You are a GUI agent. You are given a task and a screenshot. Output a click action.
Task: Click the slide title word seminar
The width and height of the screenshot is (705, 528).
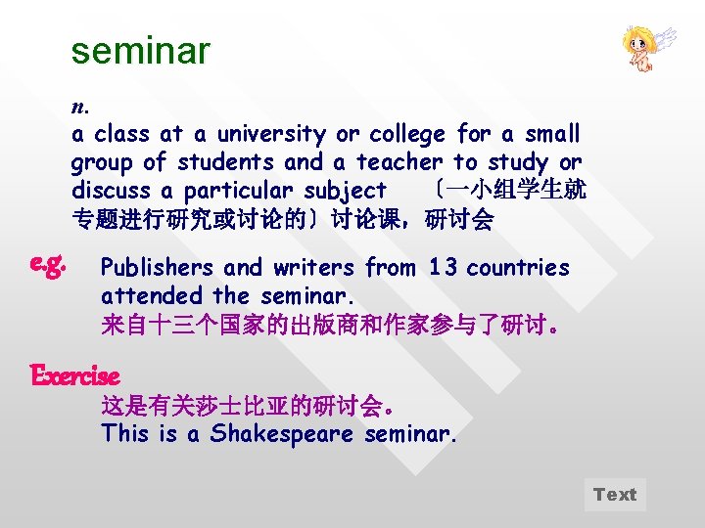[x=140, y=51]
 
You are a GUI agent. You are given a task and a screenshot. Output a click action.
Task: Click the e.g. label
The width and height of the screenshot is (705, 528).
[x=48, y=263]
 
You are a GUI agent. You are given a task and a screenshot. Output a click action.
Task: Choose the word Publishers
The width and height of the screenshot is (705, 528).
[x=158, y=268]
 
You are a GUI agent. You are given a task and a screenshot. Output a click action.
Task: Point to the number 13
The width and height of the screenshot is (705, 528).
[x=444, y=268]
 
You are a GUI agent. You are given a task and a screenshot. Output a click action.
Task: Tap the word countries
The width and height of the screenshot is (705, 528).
[x=518, y=268]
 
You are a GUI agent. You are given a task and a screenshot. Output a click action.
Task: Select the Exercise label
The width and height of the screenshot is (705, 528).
[x=75, y=375]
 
